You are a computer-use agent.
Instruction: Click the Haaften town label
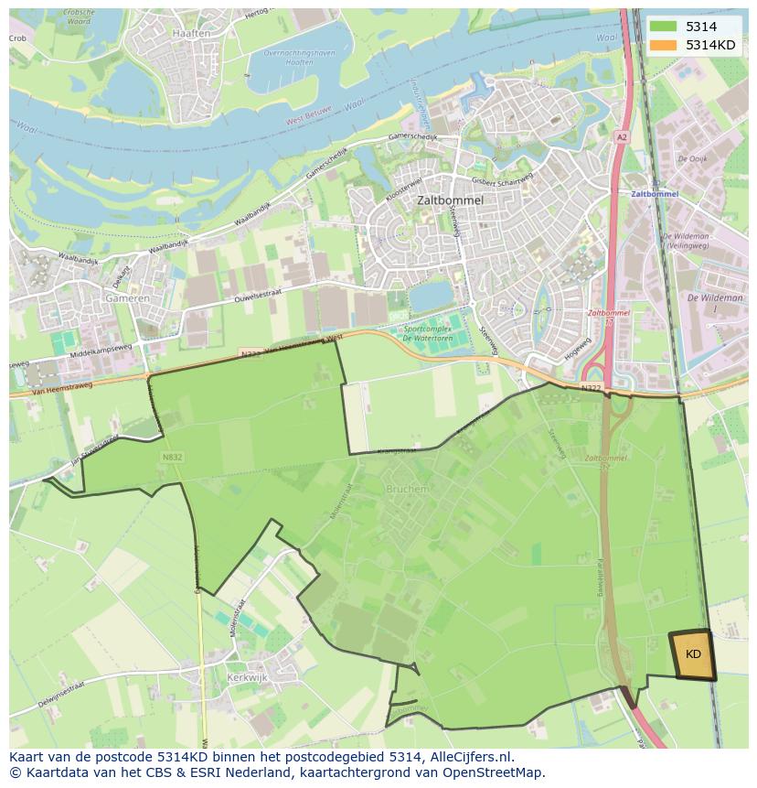pos(190,33)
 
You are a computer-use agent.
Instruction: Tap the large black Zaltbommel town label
pos(449,199)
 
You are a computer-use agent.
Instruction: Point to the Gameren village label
pos(126,299)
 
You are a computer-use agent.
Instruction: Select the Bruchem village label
pos(407,490)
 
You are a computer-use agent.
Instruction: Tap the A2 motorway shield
pos(622,136)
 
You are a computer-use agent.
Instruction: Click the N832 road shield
pos(172,457)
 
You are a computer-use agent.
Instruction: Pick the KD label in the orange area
pos(693,654)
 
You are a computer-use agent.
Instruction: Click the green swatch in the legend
pos(664,27)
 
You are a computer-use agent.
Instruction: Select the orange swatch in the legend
pos(664,45)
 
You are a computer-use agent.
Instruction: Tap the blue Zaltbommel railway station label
pos(655,195)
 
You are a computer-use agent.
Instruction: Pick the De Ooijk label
pos(692,159)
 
